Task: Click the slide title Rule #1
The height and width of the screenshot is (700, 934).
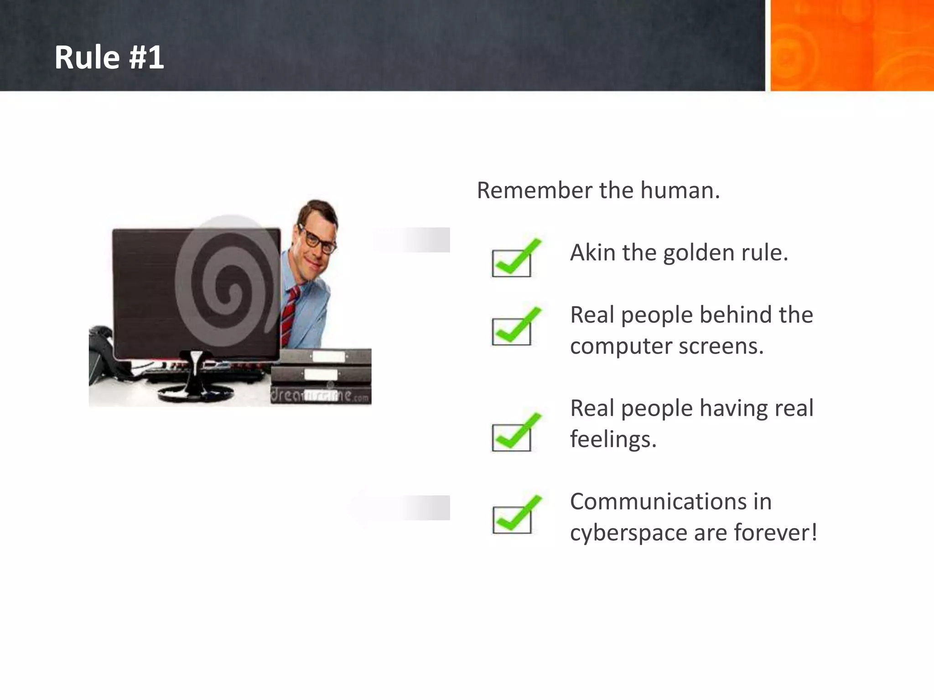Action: coord(109,58)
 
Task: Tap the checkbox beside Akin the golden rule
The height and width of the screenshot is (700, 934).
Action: coord(512,263)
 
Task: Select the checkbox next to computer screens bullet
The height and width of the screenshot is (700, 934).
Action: coord(512,331)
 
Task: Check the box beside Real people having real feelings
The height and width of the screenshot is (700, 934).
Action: coord(512,437)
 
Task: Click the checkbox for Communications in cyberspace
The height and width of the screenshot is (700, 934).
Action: coord(512,520)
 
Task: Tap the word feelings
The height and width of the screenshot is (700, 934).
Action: coord(612,440)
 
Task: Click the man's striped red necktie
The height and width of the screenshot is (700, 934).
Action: coord(290,314)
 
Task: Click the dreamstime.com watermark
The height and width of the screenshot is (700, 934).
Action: coord(319,395)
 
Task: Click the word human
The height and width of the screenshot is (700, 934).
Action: coord(680,190)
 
